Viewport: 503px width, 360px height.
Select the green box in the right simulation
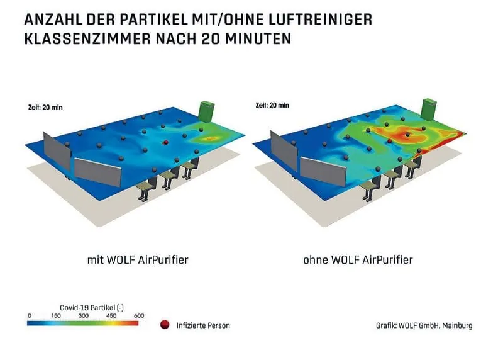point(429,108)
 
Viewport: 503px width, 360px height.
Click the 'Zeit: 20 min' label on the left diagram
point(45,107)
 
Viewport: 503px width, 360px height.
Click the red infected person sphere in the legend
point(165,325)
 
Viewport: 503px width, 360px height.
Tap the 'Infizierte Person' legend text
point(203,325)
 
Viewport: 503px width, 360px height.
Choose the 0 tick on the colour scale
point(30,315)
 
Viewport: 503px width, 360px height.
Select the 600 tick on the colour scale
point(138,315)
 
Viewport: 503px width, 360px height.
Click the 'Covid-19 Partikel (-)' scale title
point(85,307)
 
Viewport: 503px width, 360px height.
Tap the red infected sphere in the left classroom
point(165,143)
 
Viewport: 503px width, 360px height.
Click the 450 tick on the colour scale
point(111,315)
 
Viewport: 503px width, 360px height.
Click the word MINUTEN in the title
point(260,39)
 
